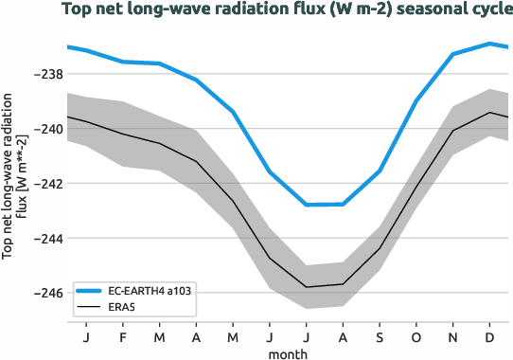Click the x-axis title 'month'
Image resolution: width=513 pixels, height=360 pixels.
click(x=287, y=352)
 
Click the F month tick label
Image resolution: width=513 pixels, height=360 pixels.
click(x=123, y=337)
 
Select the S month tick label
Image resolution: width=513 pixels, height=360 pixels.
click(x=380, y=337)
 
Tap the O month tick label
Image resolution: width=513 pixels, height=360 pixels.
click(x=416, y=337)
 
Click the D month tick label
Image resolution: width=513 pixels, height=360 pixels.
click(x=489, y=337)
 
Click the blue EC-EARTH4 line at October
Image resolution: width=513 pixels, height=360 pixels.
click(x=416, y=100)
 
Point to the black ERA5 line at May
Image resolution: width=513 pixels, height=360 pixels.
click(x=233, y=201)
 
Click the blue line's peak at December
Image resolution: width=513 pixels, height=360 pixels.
click(x=489, y=43)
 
